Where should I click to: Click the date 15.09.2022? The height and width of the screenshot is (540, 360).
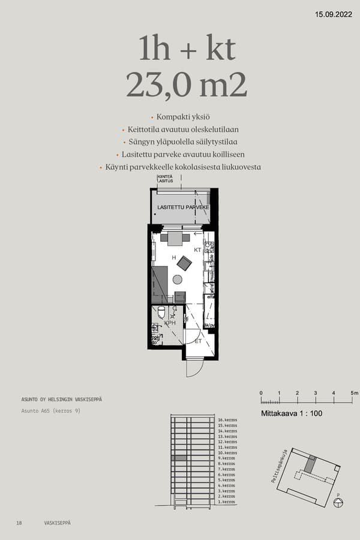[334, 14]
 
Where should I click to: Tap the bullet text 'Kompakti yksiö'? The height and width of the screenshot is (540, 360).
[182, 117]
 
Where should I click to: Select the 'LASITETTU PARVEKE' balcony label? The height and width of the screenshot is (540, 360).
[182, 207]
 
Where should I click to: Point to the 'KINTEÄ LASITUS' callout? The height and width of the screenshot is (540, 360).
[165, 178]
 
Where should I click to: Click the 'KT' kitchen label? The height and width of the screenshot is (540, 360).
[197, 249]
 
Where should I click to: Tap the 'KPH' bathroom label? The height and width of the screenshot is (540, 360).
[170, 323]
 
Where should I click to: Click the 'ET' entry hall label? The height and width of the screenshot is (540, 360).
[197, 341]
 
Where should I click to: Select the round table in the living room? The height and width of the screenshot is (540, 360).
[177, 279]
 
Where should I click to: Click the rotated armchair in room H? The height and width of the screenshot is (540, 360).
[184, 263]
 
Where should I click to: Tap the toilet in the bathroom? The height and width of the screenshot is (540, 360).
[161, 312]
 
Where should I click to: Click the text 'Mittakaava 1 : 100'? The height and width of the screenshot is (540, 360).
[291, 414]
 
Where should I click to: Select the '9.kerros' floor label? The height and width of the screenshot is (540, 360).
[227, 458]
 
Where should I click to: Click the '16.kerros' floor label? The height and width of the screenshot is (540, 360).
[227, 420]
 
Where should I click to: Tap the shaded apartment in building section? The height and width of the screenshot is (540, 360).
[179, 458]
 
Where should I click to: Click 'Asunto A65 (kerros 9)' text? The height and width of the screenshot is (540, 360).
[50, 411]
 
